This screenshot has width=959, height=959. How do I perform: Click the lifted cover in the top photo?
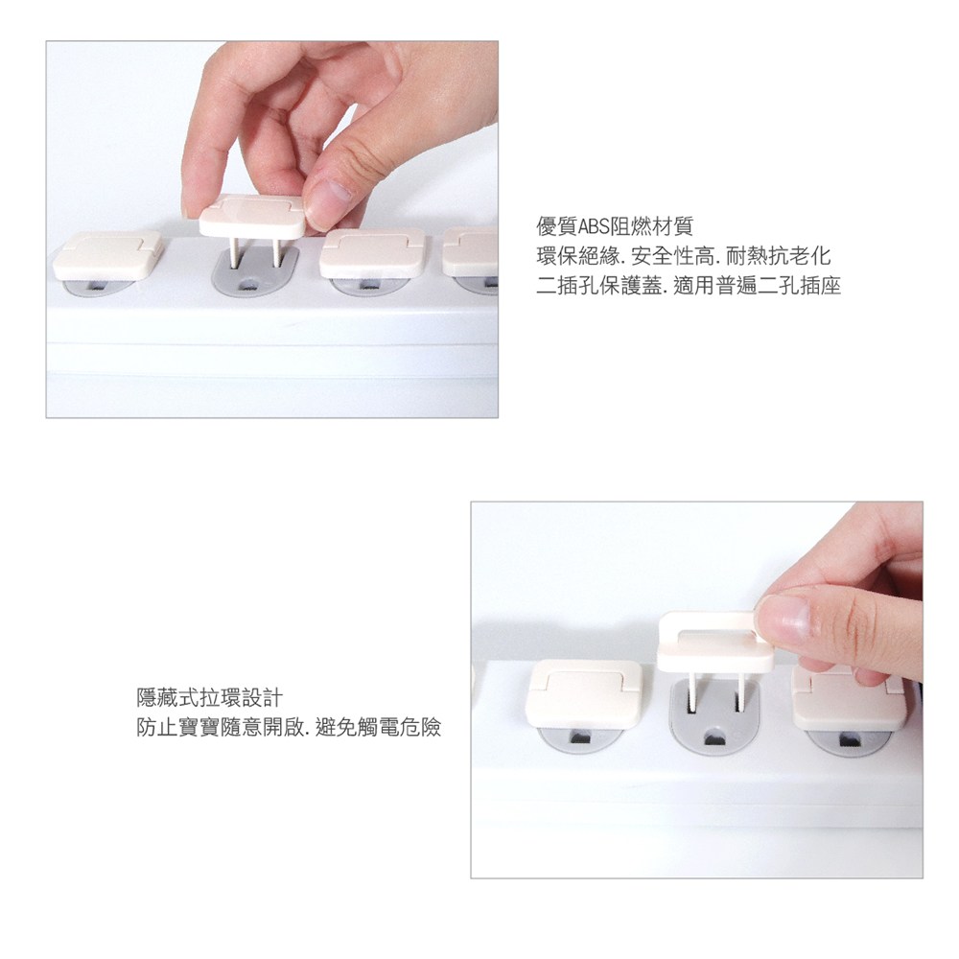(252, 217)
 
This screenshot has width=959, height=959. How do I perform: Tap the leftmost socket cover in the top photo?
(107, 256)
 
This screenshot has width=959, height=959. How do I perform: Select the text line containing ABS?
(615, 226)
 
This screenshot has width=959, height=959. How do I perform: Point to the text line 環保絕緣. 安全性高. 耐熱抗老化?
(684, 256)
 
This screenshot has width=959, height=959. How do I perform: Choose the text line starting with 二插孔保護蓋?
(689, 285)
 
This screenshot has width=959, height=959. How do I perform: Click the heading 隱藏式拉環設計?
(209, 697)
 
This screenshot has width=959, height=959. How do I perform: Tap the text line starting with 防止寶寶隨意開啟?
(289, 727)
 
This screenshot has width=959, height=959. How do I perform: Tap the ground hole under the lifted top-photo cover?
(249, 285)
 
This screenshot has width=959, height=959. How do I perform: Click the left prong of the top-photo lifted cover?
(233, 251)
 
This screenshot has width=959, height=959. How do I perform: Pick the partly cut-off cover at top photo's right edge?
(470, 250)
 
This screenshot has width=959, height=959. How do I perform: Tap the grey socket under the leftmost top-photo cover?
(100, 286)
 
